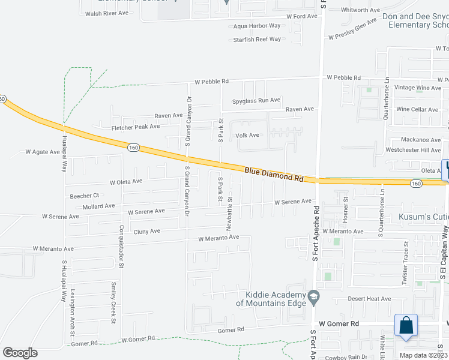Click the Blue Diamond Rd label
point(274,175)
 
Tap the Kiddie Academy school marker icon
point(313,297)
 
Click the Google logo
point(20,352)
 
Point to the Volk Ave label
point(247,136)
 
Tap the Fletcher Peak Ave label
point(136,127)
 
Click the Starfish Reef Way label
point(257,40)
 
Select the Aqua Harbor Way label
point(257,26)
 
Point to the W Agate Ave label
point(43,152)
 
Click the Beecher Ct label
point(84,196)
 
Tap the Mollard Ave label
point(98,206)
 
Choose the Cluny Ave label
point(146,232)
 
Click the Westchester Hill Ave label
point(413,150)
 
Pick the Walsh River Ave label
point(107,13)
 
